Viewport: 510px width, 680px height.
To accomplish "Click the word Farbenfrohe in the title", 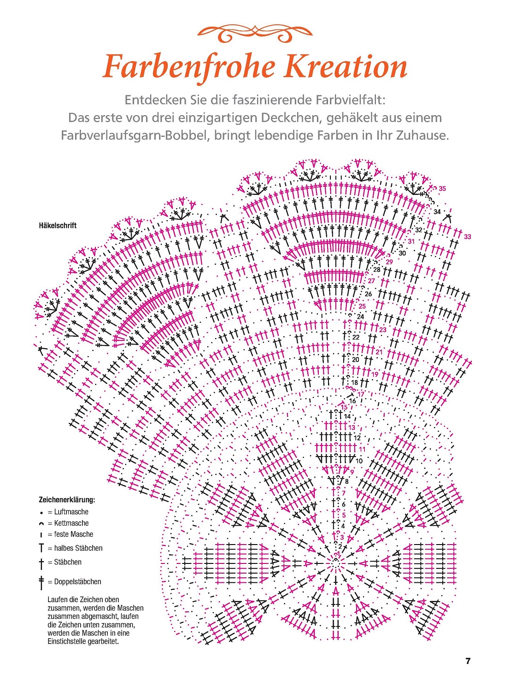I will pos(189,67).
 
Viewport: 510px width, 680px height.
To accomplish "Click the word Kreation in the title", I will pos(346,66).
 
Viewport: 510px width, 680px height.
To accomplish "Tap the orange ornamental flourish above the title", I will pos(255,33).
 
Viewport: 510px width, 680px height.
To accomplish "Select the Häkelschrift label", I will pos(58,226).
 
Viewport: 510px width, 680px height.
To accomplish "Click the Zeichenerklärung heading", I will pos(67,500).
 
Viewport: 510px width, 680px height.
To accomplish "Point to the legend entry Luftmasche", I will pos(71,512).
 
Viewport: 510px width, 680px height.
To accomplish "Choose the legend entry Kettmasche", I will pos(71,523).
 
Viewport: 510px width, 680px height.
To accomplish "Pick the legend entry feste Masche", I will pos(73,534).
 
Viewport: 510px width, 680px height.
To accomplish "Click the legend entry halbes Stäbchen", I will pos(78,548).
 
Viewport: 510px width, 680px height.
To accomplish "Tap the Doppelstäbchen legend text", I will pos(77,582).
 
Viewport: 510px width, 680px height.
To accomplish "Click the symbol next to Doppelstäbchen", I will pos(41,582).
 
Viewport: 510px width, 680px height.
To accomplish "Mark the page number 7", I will pos(468,661).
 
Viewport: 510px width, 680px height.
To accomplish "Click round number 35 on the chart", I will pos(442,188).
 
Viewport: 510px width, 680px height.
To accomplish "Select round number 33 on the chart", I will pos(468,237).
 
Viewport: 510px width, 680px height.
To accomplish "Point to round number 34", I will pos(437,212).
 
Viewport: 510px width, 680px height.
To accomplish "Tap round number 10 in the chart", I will pos(359,461).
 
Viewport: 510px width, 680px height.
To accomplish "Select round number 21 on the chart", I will pos(379,352).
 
